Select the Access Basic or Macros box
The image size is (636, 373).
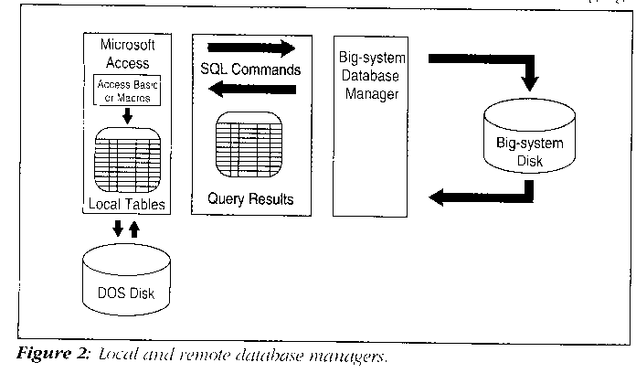coord(128,90)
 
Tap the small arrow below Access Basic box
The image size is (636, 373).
coord(128,116)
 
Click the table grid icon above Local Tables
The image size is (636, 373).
coord(128,159)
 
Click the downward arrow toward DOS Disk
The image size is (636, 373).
coord(117,228)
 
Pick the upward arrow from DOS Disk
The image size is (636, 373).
coord(137,228)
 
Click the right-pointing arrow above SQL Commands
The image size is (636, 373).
coord(256,48)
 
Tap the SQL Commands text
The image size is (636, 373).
coord(249,69)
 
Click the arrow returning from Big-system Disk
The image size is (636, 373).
coord(484,193)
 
